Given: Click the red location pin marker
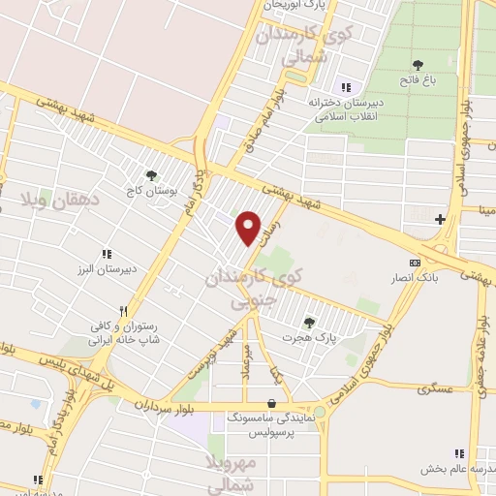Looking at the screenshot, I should tap(249, 228).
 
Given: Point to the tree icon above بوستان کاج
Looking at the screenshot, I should tap(150, 175).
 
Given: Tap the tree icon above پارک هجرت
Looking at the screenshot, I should tap(308, 322).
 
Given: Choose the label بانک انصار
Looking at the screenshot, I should tap(417, 279).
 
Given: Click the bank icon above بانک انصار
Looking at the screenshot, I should tap(416, 263).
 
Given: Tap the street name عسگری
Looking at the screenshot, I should tap(435, 389).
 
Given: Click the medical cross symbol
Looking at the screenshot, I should tap(441, 219).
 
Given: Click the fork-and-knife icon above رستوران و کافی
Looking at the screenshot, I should tap(123, 312).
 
